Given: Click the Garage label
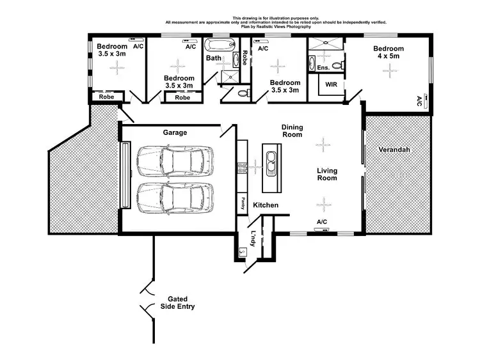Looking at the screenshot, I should (175, 132).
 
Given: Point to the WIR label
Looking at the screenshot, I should (331, 84).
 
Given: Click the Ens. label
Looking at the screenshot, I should (323, 68).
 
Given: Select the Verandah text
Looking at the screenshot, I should (394, 150).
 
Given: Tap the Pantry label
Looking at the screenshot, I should (243, 203).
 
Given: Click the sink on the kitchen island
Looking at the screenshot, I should (271, 165).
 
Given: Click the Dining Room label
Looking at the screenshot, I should (292, 131).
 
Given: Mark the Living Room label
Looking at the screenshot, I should (327, 174).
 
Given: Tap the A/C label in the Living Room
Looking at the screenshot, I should (321, 222).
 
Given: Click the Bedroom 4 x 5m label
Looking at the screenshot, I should (388, 53).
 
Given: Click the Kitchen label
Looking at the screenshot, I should (265, 205).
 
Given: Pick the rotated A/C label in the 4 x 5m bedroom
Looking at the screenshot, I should (419, 101).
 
